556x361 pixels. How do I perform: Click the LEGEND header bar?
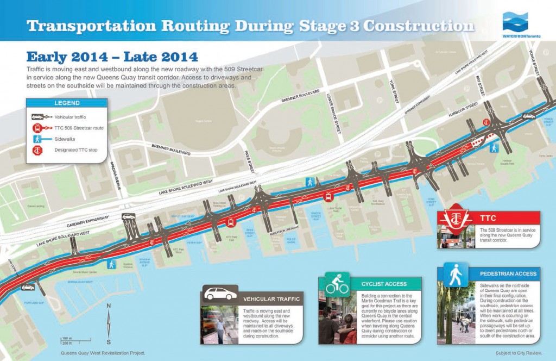coord(67,103)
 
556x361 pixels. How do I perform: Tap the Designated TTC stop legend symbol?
coord(38,150)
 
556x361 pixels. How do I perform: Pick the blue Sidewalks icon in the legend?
coord(38,139)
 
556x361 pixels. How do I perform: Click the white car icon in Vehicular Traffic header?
coord(220,294)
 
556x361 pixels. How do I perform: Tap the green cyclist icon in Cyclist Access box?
coord(337,283)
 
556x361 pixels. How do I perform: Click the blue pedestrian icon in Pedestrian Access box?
coord(453,274)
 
